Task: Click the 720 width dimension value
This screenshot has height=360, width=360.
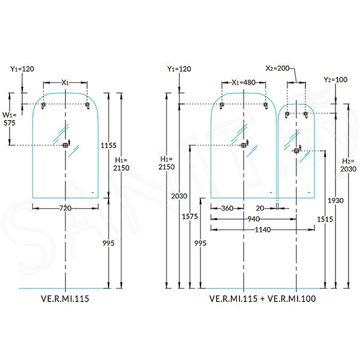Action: (65, 208)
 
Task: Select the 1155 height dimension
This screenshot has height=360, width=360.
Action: (109, 145)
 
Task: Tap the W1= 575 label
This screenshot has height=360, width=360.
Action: (9, 119)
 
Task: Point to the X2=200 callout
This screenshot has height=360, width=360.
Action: (277, 68)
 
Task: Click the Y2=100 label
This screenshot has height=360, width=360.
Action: (335, 80)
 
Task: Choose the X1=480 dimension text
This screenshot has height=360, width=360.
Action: (244, 82)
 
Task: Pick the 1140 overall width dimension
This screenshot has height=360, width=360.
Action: (263, 230)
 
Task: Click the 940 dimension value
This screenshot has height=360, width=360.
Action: (253, 219)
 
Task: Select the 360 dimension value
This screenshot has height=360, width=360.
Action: (227, 208)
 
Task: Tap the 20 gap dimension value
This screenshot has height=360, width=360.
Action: (260, 208)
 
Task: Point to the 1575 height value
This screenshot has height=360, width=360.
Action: (190, 217)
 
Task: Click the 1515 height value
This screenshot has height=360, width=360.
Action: (325, 219)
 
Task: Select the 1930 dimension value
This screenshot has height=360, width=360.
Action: (335, 200)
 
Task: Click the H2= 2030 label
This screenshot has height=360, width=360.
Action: (348, 165)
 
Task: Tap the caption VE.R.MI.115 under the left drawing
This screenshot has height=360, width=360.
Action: (65, 299)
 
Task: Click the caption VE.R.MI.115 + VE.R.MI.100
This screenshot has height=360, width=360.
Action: (262, 299)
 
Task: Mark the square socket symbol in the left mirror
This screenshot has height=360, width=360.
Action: (65, 145)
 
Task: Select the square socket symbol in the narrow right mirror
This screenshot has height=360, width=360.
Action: (296, 151)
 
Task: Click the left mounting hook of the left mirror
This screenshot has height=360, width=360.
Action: (43, 106)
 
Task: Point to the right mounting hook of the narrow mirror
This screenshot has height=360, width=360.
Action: (305, 115)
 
